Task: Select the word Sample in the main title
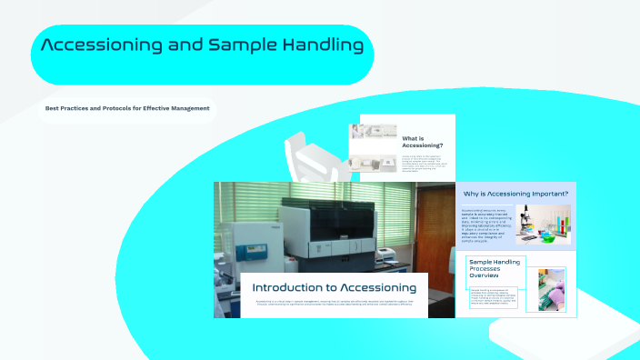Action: [241, 45]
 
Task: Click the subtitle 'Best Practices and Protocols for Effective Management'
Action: [127, 108]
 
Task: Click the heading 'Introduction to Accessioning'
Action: [334, 287]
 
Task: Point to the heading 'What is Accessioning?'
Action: [423, 142]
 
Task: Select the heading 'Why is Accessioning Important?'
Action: [515, 194]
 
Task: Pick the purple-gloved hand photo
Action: [551, 289]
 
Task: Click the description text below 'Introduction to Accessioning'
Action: [334, 304]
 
